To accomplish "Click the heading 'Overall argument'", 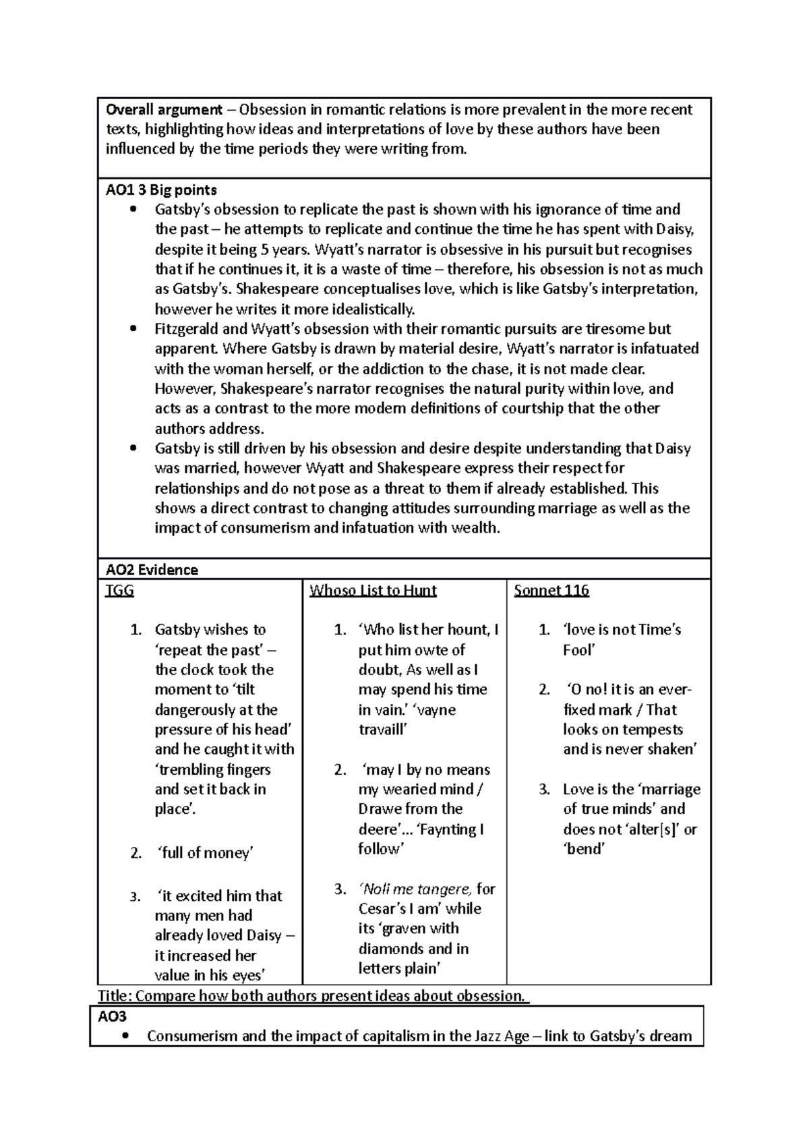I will [x=164, y=109].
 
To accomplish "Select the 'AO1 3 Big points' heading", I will [x=161, y=190].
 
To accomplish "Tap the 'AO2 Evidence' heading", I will [x=152, y=570].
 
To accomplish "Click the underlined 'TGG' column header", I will [x=120, y=591].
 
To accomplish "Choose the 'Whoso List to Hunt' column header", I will [x=373, y=591].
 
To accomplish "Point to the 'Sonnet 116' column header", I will [x=551, y=591].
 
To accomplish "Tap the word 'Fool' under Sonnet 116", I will [x=579, y=650].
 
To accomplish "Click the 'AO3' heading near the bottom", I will [x=113, y=1017].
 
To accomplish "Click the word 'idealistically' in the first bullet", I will [x=369, y=310].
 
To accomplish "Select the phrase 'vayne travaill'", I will [x=407, y=720].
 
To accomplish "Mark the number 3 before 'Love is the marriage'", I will [x=543, y=790].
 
